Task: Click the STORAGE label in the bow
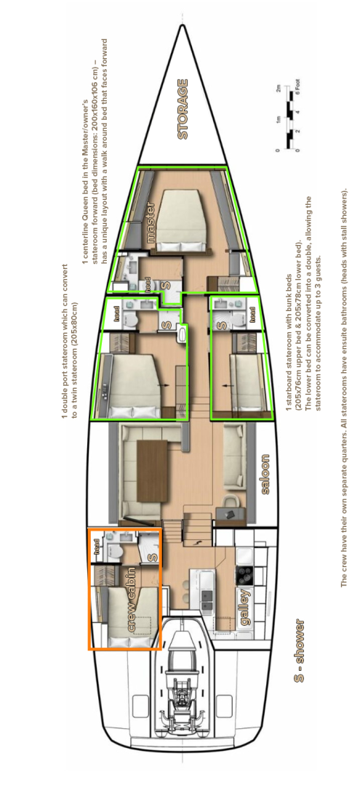tap(183, 109)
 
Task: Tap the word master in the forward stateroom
tap(151, 221)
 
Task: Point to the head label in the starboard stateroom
tap(252, 314)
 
